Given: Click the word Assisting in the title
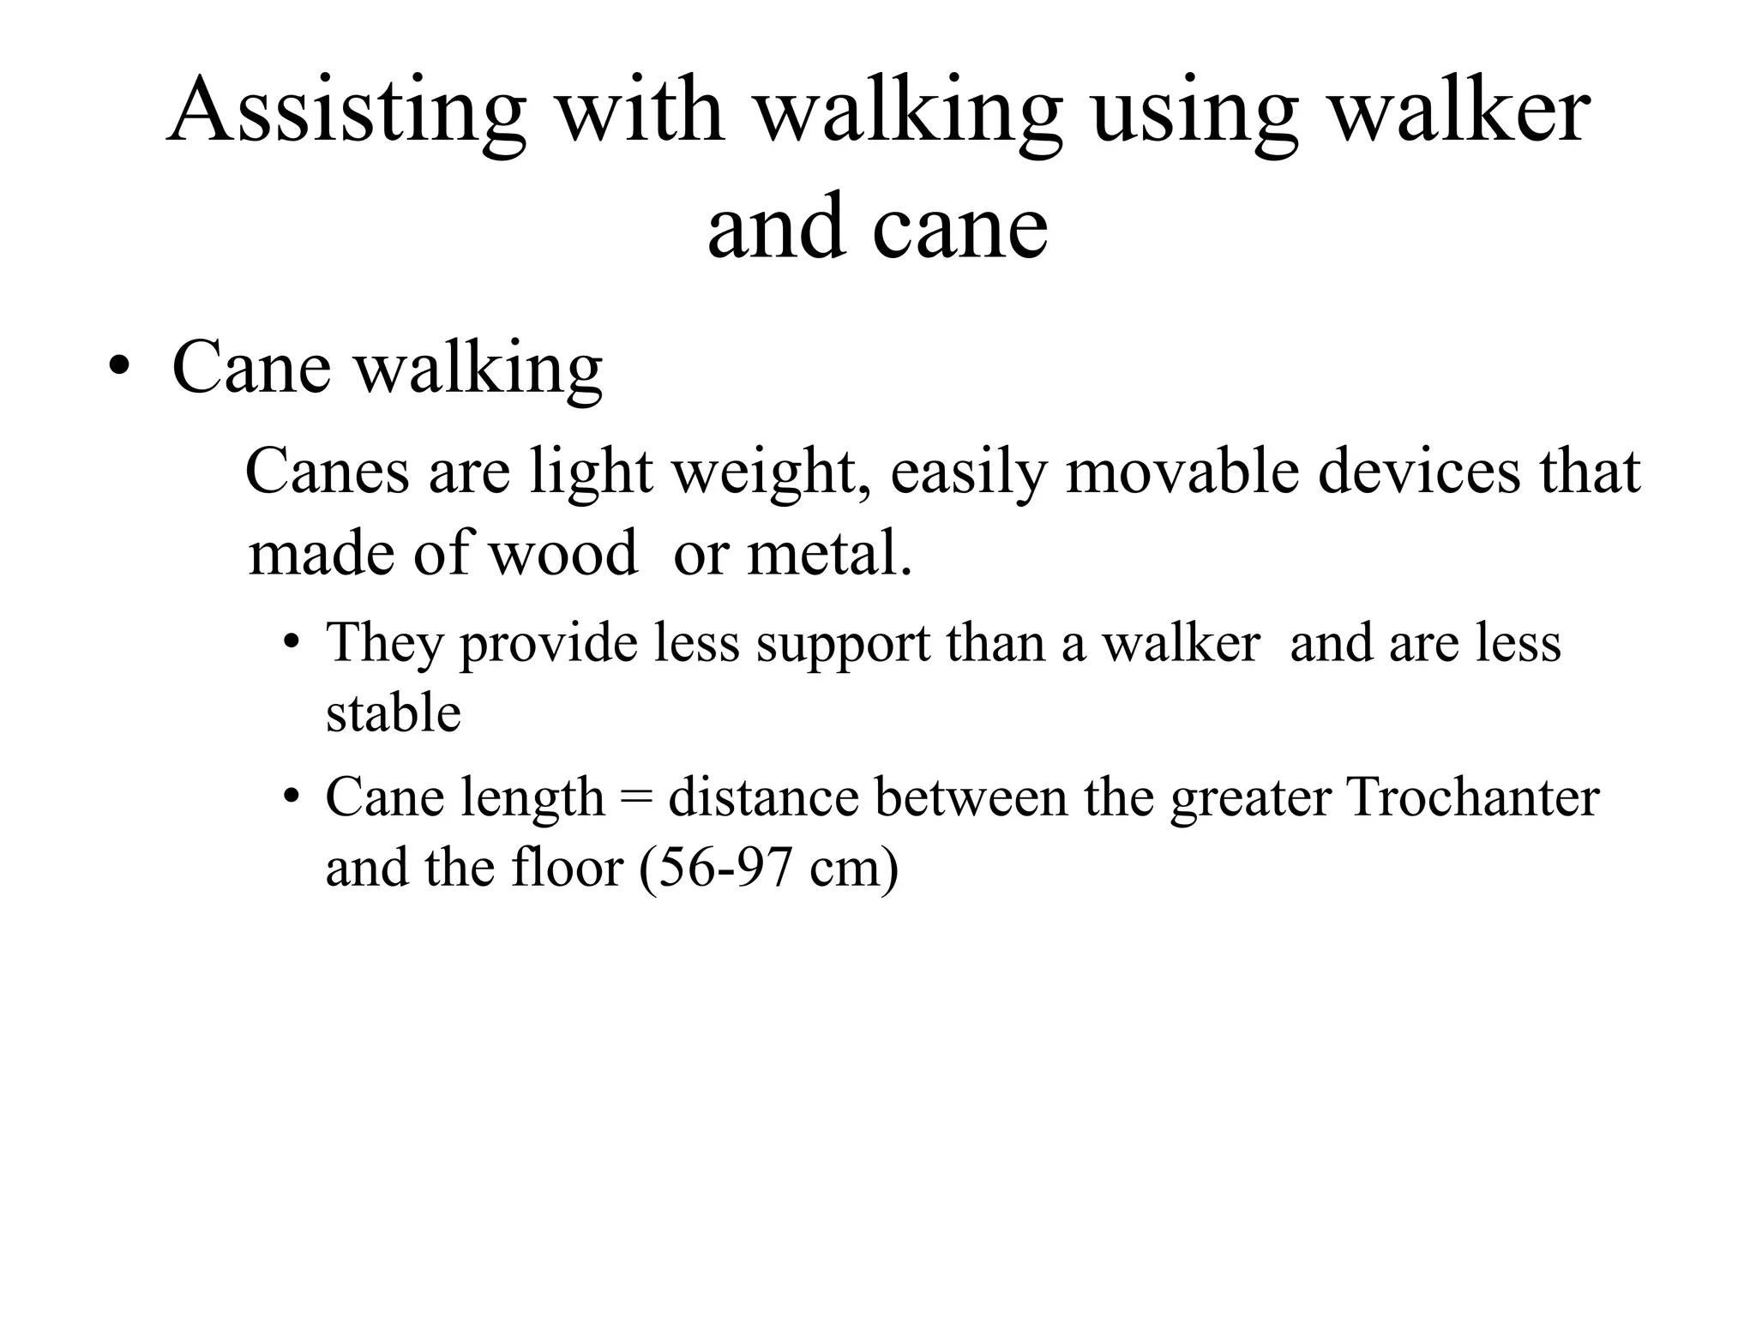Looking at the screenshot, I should coord(346,111).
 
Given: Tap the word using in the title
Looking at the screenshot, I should coord(1195,111).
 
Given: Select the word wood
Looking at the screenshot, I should coord(562,553).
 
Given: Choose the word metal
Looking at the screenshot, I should coord(829,553).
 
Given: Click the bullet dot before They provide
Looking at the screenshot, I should coord(292,643).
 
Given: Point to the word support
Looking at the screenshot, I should coord(843,643).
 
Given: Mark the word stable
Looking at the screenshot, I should coord(394,713).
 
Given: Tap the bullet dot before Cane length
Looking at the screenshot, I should coord(292,797).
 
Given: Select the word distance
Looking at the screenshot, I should coord(763,797).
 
